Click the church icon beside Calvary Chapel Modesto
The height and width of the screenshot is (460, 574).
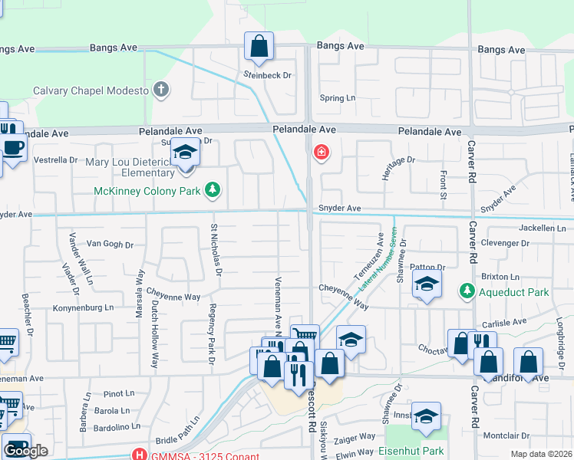click(160, 90)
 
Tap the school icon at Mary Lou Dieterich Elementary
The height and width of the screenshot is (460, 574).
click(185, 155)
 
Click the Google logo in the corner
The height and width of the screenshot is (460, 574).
click(25, 451)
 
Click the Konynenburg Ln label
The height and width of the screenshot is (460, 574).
click(83, 307)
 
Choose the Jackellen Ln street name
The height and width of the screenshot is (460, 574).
click(546, 228)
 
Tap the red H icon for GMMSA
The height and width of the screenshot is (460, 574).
click(139, 453)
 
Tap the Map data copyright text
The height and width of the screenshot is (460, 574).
click(541, 454)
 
